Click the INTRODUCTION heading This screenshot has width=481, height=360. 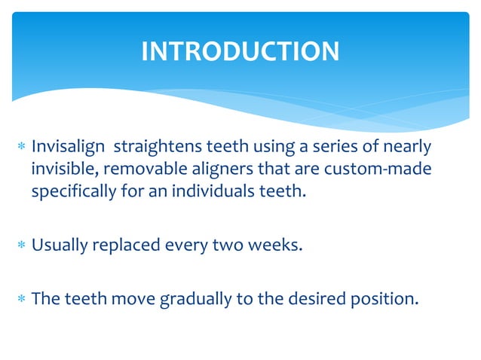tap(240, 51)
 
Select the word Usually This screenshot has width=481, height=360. tap(60, 244)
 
